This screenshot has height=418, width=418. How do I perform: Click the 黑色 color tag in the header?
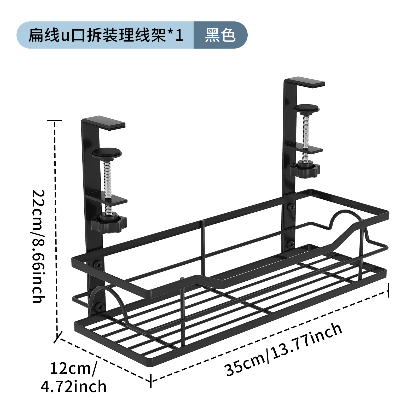[x=220, y=35]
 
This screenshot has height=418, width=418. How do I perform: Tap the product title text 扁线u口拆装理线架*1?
[x=106, y=35]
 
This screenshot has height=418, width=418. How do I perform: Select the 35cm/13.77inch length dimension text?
[x=284, y=349]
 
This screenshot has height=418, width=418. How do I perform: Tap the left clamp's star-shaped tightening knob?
[x=108, y=223]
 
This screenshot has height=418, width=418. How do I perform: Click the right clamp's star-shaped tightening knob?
[x=305, y=169]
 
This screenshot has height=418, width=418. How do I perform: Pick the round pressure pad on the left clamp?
[x=107, y=152]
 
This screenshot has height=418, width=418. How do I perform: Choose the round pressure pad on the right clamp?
[x=306, y=108]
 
